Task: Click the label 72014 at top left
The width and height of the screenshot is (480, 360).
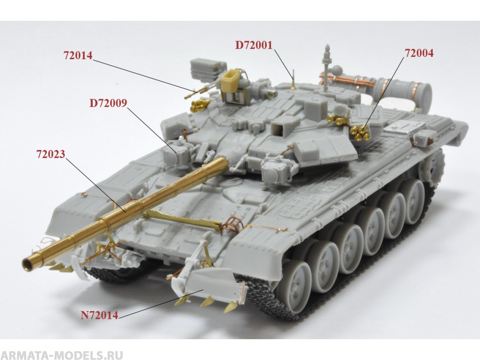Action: (x=78, y=56)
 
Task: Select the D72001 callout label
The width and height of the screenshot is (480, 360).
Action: (x=254, y=45)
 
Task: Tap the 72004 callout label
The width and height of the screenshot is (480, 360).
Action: (x=419, y=53)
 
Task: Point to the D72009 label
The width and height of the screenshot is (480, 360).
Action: (x=108, y=103)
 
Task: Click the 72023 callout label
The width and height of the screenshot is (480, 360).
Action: (x=50, y=154)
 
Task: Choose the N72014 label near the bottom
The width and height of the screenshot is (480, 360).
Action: (x=99, y=315)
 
